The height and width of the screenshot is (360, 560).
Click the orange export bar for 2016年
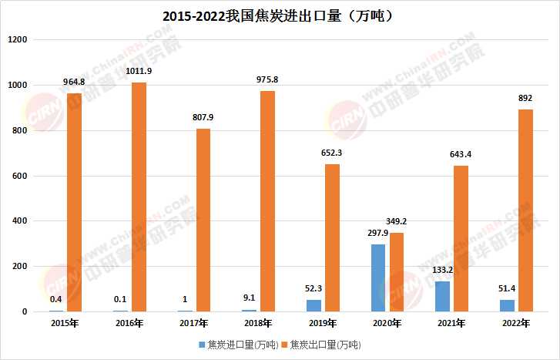[139, 197]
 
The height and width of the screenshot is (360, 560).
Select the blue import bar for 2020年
[378, 278]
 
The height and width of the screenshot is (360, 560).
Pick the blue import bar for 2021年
[442, 297]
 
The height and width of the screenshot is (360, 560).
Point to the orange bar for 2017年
[203, 220]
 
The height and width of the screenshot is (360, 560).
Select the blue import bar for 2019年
[314, 306]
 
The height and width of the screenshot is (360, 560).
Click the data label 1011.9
[139, 72]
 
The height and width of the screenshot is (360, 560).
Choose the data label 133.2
[442, 271]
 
